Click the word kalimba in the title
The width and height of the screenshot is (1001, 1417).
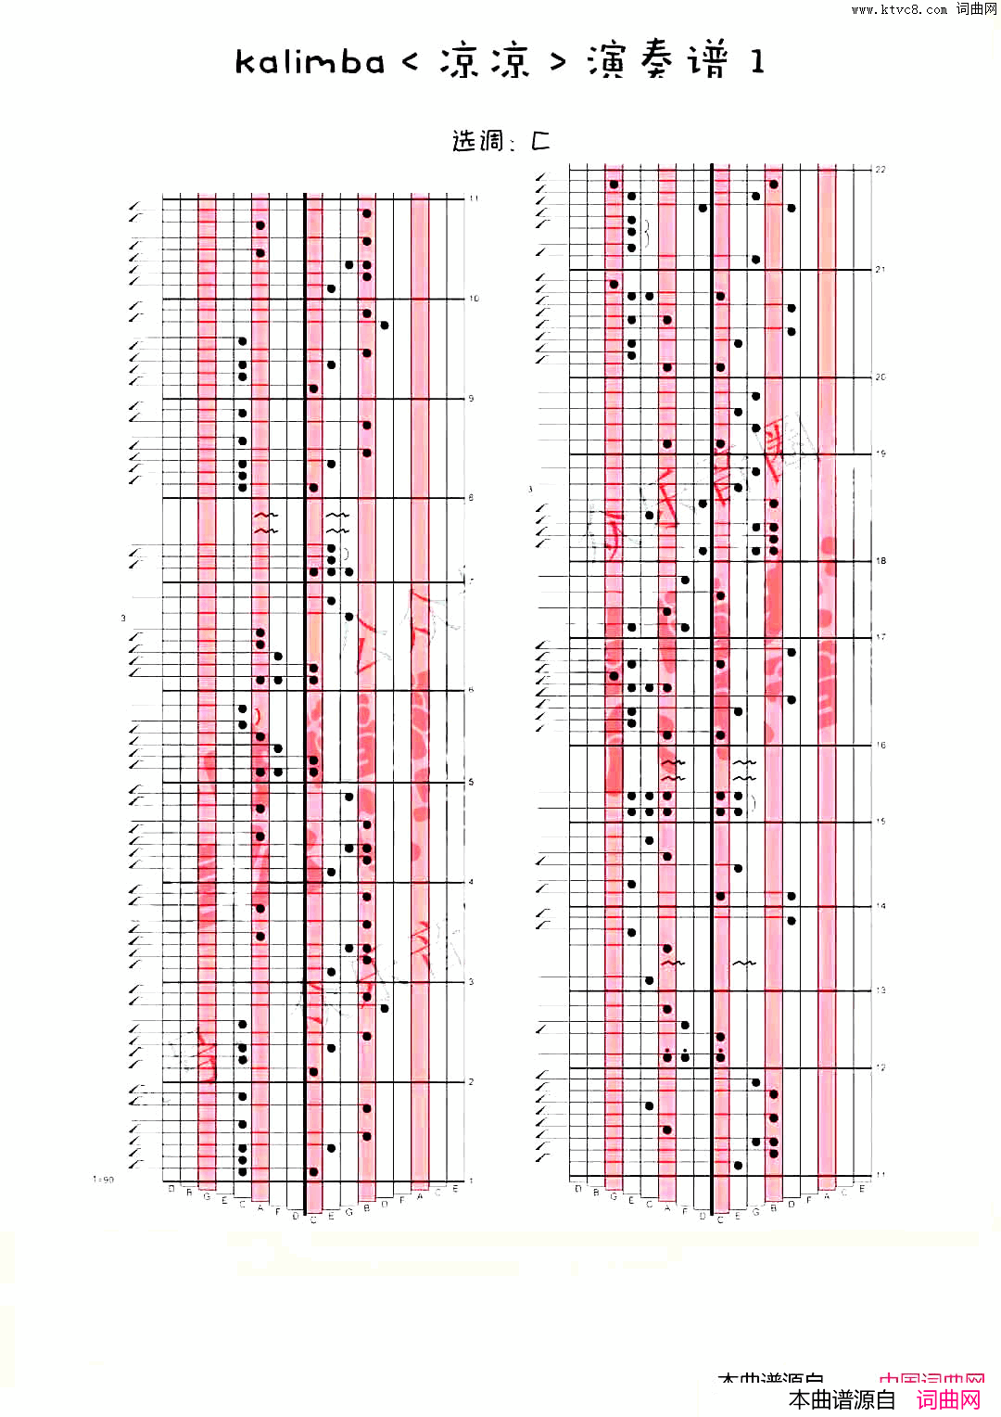[310, 62]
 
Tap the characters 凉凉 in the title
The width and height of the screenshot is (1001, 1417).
[484, 61]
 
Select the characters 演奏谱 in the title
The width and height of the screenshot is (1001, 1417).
[658, 61]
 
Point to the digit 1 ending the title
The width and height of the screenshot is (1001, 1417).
[757, 62]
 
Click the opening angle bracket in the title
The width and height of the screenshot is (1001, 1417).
[411, 62]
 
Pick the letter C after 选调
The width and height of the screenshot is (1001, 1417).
[540, 141]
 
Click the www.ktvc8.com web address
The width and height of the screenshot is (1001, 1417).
[899, 9]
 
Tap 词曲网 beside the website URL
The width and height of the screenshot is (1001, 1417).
[977, 9]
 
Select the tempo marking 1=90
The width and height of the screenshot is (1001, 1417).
[103, 1180]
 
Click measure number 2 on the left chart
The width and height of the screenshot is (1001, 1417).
[471, 1082]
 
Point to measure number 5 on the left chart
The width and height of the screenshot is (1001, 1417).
[471, 783]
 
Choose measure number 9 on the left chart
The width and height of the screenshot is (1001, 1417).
[471, 399]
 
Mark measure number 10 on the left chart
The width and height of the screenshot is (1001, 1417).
[474, 299]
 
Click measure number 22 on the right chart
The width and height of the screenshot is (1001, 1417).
[881, 170]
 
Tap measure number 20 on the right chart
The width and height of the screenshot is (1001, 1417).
[881, 377]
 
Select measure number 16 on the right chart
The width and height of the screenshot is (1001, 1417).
[881, 746]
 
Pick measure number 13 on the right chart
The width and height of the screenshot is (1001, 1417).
[881, 990]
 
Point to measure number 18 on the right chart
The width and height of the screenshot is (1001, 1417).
[881, 561]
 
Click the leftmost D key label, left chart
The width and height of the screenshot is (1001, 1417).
[171, 1189]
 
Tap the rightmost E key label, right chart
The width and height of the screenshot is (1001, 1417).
[862, 1189]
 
